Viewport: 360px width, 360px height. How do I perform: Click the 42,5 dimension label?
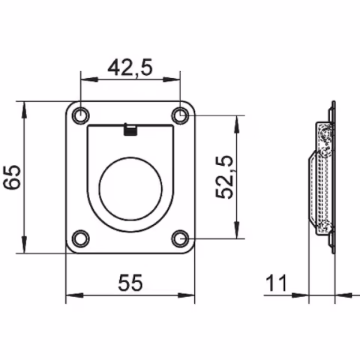[x=130, y=67]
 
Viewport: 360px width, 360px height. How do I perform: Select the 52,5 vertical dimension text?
[x=225, y=177]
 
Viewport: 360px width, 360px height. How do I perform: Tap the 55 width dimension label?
[x=130, y=282]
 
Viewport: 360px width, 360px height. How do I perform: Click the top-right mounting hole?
[x=179, y=115]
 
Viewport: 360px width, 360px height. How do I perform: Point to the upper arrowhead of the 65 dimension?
[x=27, y=106]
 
